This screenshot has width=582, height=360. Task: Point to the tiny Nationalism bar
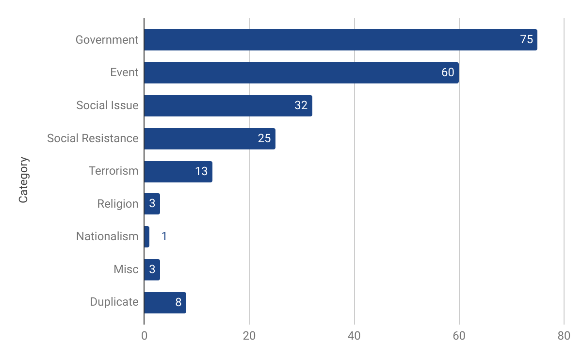tap(146, 237)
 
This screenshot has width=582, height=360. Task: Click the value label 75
tap(526, 40)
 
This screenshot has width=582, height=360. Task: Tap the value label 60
tap(448, 73)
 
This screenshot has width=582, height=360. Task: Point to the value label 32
tap(301, 105)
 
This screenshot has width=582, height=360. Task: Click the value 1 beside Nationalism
tap(164, 237)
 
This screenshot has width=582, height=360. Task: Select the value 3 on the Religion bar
tap(152, 204)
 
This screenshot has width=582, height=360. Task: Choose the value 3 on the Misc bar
tap(152, 269)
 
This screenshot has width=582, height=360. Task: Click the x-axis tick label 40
tap(354, 336)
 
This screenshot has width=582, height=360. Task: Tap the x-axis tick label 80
tap(564, 336)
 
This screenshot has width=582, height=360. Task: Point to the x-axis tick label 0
tap(144, 336)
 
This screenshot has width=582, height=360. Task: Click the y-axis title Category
tap(23, 180)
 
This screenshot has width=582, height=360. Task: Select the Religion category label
tap(117, 204)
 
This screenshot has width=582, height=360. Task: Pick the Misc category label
tap(126, 269)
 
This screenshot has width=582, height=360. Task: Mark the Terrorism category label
tap(113, 171)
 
